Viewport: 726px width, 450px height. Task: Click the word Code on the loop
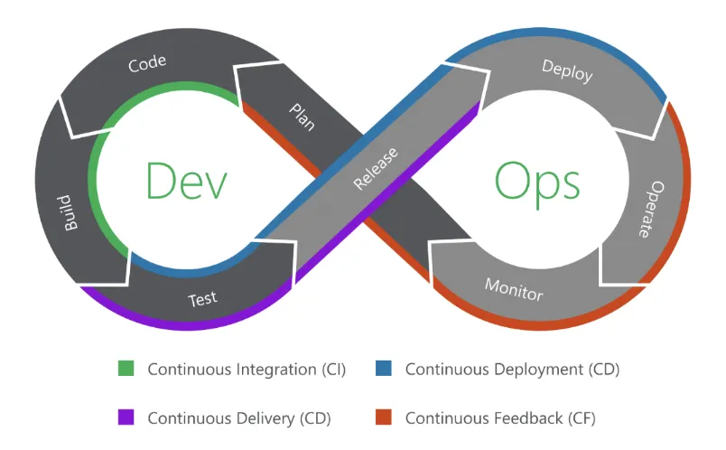tap(147, 65)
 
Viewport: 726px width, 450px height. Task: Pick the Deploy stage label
tap(567, 70)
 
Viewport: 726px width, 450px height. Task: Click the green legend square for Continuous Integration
tap(126, 369)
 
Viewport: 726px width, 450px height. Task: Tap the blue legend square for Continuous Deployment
tap(384, 369)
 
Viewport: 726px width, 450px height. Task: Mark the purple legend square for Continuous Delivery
tap(126, 417)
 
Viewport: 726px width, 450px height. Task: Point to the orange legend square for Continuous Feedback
tap(384, 417)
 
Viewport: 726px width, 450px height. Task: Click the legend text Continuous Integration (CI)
tap(245, 370)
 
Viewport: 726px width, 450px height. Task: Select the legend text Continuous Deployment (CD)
tap(512, 370)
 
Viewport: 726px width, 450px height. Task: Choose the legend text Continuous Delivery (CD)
tap(238, 418)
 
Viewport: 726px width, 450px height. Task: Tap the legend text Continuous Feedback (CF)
tap(500, 418)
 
